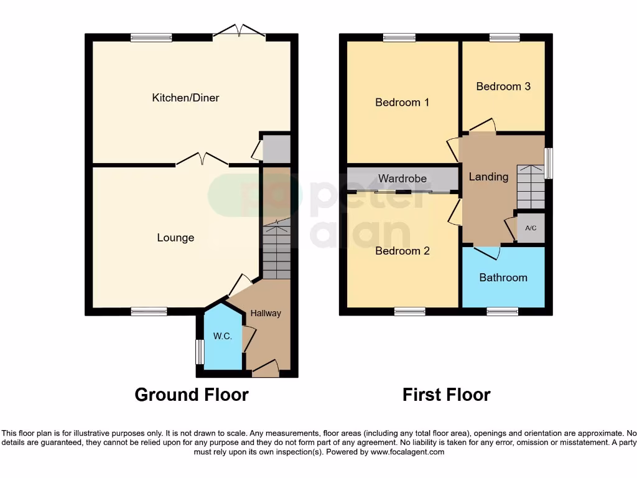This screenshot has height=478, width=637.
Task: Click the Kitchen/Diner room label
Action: pos(185,98)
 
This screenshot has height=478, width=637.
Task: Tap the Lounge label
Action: pos(175,238)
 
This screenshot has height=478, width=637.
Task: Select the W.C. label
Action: pos(223,336)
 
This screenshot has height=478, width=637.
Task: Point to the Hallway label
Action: pos(266,313)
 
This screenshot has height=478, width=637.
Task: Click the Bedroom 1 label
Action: pos(402,102)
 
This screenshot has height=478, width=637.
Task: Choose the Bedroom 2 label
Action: pos(402,251)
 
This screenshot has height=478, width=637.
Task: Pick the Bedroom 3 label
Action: pos(503,87)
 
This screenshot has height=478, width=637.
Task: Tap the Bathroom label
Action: pos(503,278)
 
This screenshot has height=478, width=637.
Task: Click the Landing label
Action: pos(488,177)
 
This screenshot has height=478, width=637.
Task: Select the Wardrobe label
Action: pos(402,179)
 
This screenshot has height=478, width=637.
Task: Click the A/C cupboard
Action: pos(531,228)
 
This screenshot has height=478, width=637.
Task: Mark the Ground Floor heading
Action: pos(192,395)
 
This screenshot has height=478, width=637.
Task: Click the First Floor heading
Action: pos(446,395)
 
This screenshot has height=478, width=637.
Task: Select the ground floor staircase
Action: pos(276,252)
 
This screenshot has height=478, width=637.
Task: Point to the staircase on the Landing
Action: pos(530,187)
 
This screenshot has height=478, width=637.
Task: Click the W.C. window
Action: pos(200,352)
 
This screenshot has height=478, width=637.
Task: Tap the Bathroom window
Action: pos(503,311)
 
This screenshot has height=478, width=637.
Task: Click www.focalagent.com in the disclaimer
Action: pos(407,452)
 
